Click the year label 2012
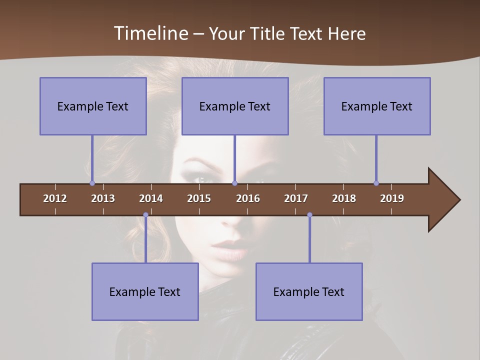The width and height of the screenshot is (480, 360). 55,198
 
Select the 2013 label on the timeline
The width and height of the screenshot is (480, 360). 103,198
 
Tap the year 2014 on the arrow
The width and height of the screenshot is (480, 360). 151,198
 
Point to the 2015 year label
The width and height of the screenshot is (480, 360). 199,198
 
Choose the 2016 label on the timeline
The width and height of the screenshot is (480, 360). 248,198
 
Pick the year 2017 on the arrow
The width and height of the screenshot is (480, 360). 296,198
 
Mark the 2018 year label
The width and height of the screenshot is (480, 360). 344,198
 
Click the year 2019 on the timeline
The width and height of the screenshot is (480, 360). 392,198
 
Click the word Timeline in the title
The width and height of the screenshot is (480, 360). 150,33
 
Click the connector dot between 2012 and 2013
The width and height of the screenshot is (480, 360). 92,183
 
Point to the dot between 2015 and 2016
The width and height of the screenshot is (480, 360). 234,183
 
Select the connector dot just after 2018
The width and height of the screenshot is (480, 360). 376,183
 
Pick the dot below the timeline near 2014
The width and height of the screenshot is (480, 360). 145,215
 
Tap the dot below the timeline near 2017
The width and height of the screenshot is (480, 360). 309,215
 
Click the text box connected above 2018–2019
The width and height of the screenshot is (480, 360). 377,106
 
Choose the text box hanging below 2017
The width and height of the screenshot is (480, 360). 309,291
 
